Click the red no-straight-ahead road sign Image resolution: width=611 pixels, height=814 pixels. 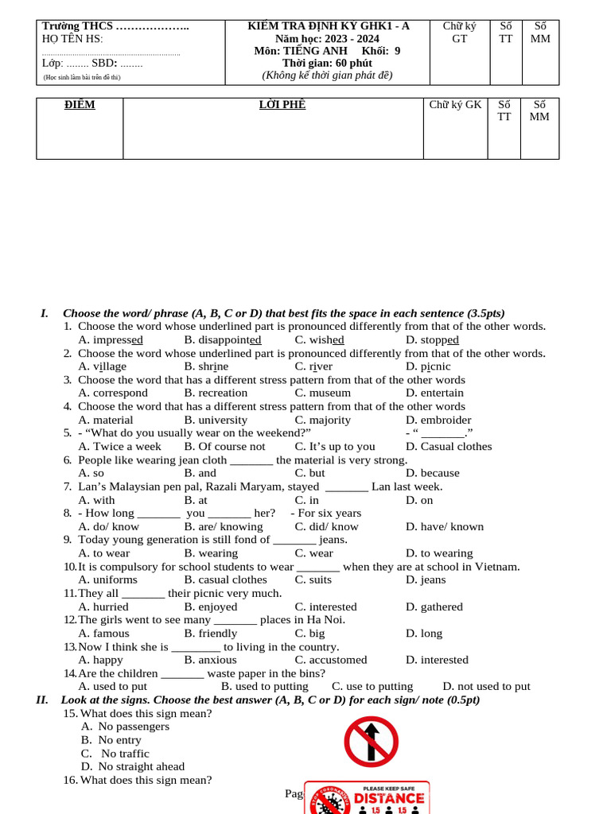371,742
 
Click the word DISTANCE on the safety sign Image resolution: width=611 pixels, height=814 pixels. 389,798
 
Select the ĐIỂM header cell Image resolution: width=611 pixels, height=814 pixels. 80,105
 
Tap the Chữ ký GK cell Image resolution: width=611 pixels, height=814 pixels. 455,105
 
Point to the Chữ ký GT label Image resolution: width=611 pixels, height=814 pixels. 460,32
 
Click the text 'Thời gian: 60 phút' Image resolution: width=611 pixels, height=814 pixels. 327,64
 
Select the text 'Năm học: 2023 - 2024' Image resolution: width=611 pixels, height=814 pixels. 327,38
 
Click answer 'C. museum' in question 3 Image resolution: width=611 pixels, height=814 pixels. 322,393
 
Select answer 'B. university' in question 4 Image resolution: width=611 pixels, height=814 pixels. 216,420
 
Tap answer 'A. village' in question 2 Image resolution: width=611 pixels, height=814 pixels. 102,366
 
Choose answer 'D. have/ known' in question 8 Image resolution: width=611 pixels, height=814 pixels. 444,526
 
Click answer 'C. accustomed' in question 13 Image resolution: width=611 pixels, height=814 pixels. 331,660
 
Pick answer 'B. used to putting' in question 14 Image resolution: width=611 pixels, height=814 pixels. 264,686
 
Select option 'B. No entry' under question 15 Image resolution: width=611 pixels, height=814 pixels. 111,740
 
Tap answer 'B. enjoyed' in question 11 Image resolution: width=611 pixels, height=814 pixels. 211,607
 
